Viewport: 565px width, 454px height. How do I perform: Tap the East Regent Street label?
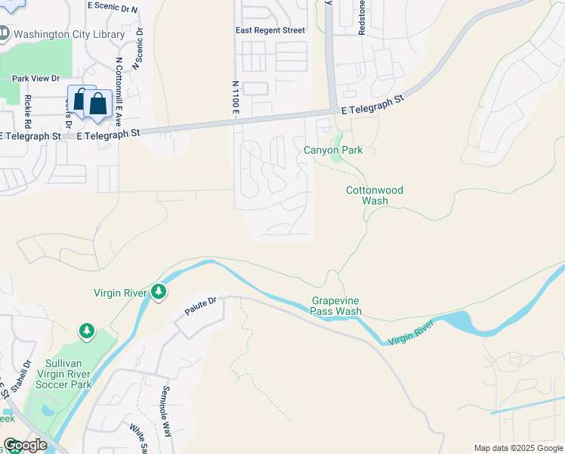pyautogui.click(x=270, y=30)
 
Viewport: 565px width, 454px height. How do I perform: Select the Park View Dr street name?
pyautogui.click(x=36, y=78)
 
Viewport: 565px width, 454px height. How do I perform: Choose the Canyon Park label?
pyautogui.click(x=333, y=151)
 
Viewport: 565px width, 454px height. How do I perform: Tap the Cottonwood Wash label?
pyautogui.click(x=375, y=196)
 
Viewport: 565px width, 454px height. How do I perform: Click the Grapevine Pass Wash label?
pyautogui.click(x=336, y=306)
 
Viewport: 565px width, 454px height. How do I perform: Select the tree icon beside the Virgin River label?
pyautogui.click(x=158, y=291)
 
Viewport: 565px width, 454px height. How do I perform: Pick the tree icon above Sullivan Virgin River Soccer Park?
pyautogui.click(x=87, y=331)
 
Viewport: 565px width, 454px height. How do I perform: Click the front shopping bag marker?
pyautogui.click(x=98, y=104)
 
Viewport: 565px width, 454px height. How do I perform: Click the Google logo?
pyautogui.click(x=25, y=445)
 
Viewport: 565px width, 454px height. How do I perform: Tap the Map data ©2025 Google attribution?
pyautogui.click(x=518, y=448)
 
